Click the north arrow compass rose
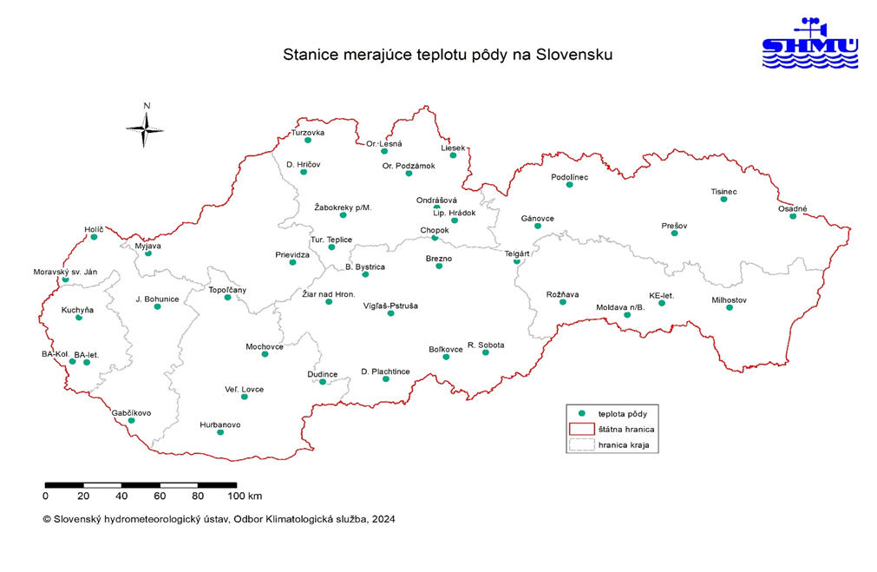click(x=147, y=127)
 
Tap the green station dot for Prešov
click(x=674, y=233)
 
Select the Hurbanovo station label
click(x=219, y=424)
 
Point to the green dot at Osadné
click(x=793, y=215)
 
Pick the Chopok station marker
click(x=435, y=238)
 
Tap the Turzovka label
click(x=307, y=133)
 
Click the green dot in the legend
click(x=582, y=413)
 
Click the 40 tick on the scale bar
click(x=121, y=496)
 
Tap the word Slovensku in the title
click(x=574, y=55)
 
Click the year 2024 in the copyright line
click(x=382, y=519)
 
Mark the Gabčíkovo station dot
click(x=131, y=420)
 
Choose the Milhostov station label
click(x=729, y=299)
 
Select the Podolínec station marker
click(x=569, y=184)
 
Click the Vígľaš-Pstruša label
click(x=390, y=306)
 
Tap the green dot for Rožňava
click(x=563, y=301)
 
